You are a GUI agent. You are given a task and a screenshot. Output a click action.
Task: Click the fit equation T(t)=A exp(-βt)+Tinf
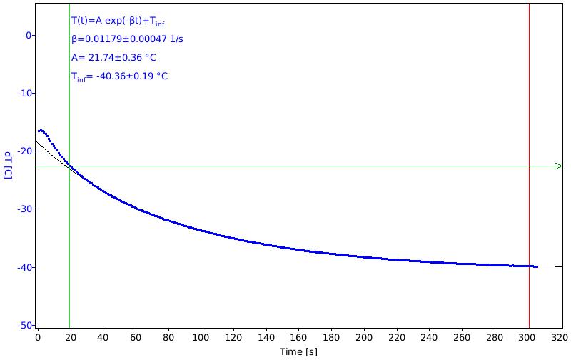(x=118, y=21)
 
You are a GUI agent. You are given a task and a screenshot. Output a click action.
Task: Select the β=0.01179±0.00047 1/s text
(x=127, y=39)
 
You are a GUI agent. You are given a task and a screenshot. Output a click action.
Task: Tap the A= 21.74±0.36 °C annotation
(x=113, y=58)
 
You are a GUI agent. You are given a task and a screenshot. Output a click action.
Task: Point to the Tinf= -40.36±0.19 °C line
(x=119, y=76)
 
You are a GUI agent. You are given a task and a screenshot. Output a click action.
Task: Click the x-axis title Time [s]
(x=298, y=352)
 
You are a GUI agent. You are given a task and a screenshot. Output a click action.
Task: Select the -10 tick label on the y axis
(x=26, y=94)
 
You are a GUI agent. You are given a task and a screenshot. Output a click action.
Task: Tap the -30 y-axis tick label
(x=26, y=209)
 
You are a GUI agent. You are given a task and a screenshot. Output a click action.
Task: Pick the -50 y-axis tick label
(x=26, y=326)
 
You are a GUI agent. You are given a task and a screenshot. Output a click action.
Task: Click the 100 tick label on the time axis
(x=201, y=338)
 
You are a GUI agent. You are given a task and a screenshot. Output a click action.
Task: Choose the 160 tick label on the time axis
(x=298, y=338)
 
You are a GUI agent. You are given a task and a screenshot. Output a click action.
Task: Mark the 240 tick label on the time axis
(x=429, y=338)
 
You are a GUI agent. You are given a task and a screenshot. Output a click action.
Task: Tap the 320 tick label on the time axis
(x=560, y=338)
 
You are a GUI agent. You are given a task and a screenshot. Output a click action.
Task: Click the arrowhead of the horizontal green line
(x=559, y=166)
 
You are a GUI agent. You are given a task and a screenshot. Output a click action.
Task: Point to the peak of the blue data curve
(x=40, y=130)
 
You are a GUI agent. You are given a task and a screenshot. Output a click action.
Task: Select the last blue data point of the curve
(x=537, y=266)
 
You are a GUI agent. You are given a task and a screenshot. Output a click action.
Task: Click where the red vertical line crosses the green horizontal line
(x=529, y=166)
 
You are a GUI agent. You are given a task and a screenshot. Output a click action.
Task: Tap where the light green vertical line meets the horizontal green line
(x=69, y=166)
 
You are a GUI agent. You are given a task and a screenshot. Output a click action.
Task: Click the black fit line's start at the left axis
(x=36, y=141)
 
